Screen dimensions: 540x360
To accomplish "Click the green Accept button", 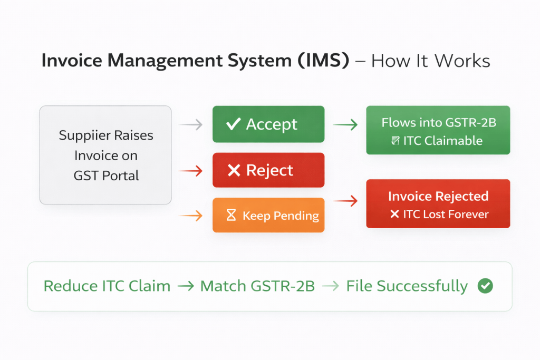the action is click(x=268, y=124).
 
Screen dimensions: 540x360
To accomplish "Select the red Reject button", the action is click(x=268, y=170).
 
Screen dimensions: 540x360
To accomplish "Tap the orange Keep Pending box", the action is click(x=268, y=215).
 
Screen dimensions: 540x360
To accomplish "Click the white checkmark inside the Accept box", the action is click(x=233, y=124).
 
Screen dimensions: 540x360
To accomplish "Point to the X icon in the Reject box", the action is click(x=233, y=170).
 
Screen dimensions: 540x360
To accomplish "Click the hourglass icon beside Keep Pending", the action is click(x=231, y=216).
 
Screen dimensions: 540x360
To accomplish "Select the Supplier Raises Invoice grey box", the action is click(x=105, y=155).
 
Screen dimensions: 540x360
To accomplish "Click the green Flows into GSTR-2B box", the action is click(x=438, y=130).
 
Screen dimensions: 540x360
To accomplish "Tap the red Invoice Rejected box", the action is click(x=438, y=203).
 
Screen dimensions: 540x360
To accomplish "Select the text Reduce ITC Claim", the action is click(x=107, y=286).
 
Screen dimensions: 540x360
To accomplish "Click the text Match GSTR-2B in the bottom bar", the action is click(x=257, y=286).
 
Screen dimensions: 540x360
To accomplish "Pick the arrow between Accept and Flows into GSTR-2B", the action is click(x=345, y=125).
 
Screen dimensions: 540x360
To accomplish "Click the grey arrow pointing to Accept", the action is click(x=191, y=125).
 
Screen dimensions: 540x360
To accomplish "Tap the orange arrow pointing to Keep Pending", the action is click(x=191, y=215).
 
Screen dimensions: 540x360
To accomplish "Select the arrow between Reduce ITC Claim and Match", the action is click(x=185, y=286).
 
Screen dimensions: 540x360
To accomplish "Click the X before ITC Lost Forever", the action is click(x=394, y=215).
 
